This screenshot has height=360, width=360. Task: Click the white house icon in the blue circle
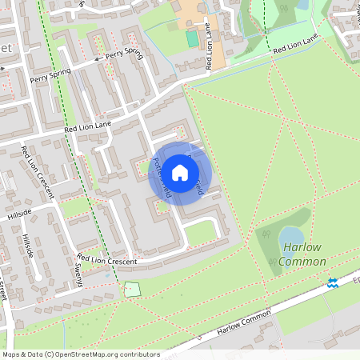[x=180, y=173]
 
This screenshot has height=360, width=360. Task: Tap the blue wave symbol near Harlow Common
[x=333, y=282]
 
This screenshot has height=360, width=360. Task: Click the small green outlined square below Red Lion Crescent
[x=132, y=289]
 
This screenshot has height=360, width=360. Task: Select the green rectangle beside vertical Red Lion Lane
[x=192, y=38]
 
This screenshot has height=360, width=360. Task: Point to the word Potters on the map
[x=157, y=170]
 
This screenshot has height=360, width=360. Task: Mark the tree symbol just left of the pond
[x=266, y=235]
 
